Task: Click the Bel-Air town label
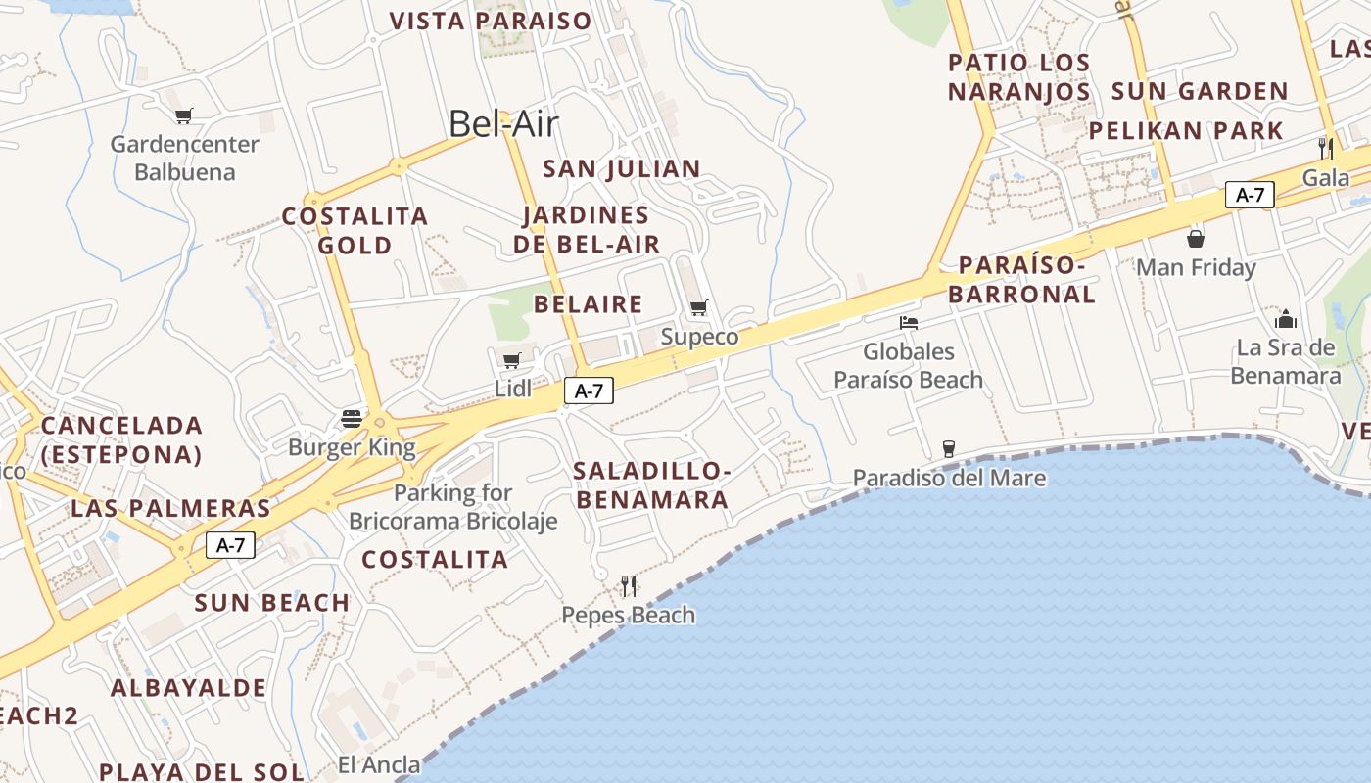click(x=503, y=124)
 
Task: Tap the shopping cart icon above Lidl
click(x=511, y=360)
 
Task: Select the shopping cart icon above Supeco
click(x=698, y=308)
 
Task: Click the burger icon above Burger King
click(x=352, y=419)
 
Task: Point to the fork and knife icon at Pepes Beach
click(x=629, y=586)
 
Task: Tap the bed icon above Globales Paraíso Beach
click(x=909, y=322)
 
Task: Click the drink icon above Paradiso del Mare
click(x=948, y=449)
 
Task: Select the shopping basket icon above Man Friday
click(x=1196, y=238)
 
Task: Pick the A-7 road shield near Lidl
click(x=589, y=391)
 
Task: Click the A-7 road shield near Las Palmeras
click(x=230, y=545)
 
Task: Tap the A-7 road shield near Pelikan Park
click(x=1250, y=194)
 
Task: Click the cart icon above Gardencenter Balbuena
click(x=183, y=116)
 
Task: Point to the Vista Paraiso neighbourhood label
click(x=491, y=21)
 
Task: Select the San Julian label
click(x=622, y=168)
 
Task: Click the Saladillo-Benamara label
click(x=652, y=485)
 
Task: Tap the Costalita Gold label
click(x=355, y=230)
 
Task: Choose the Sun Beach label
click(x=272, y=603)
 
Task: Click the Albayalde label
click(x=188, y=688)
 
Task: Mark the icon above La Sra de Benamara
click(x=1286, y=319)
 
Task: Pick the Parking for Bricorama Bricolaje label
click(x=453, y=506)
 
